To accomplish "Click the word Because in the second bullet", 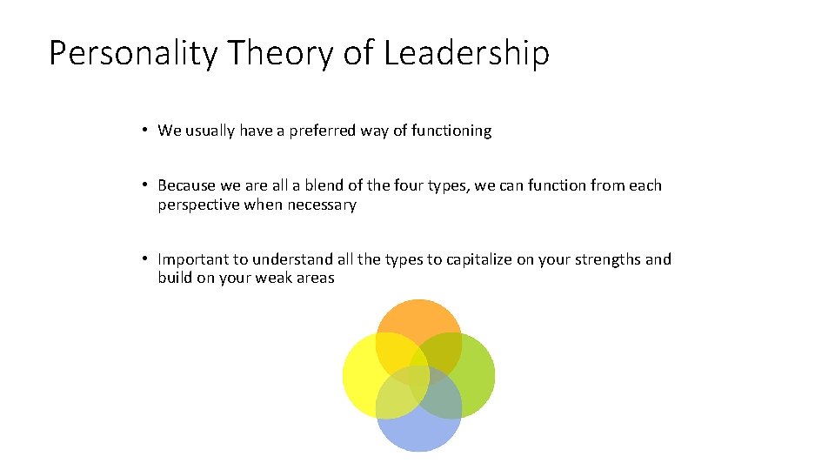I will [x=187, y=185].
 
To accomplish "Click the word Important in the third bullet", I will [x=190, y=259].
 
